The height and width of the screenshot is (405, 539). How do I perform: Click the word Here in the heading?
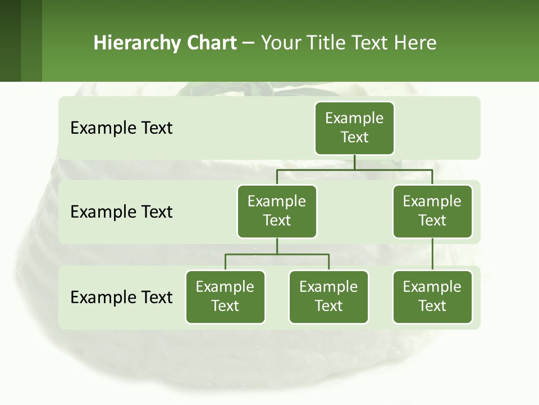click(x=415, y=43)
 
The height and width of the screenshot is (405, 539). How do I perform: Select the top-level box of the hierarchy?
click(x=354, y=128)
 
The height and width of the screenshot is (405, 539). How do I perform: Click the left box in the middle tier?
click(x=277, y=211)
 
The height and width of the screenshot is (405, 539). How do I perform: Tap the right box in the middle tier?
click(x=432, y=211)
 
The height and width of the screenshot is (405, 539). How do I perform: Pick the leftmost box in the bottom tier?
click(x=225, y=296)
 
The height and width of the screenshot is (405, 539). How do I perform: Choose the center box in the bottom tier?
click(x=328, y=296)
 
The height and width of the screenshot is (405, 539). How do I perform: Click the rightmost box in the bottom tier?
click(x=432, y=296)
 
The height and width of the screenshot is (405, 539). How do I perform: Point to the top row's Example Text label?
click(x=121, y=128)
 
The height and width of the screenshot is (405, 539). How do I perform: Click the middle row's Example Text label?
click(x=121, y=211)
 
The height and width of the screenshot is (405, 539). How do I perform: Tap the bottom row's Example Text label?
click(x=121, y=297)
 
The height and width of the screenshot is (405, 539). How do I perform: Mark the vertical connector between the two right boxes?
click(x=432, y=254)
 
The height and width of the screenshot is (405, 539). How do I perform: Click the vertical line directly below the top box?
click(x=354, y=162)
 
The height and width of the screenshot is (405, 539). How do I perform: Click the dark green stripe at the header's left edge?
click(x=10, y=40)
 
